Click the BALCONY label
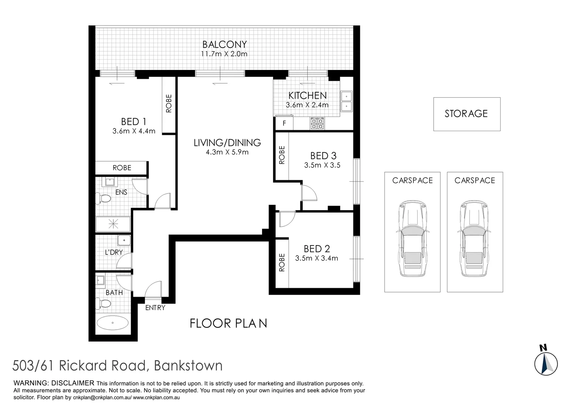224,45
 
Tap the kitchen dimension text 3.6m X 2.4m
307,105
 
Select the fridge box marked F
284,124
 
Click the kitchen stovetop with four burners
317,123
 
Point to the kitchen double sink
346,101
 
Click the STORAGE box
466,114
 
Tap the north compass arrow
546,363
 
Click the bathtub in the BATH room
113,323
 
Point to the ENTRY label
155,308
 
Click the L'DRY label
114,252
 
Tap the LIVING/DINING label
227,143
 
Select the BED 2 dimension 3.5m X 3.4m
317,258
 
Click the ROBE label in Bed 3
282,155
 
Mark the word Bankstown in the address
188,365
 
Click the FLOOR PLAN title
228,324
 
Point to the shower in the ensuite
113,224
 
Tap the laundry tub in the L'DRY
124,241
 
